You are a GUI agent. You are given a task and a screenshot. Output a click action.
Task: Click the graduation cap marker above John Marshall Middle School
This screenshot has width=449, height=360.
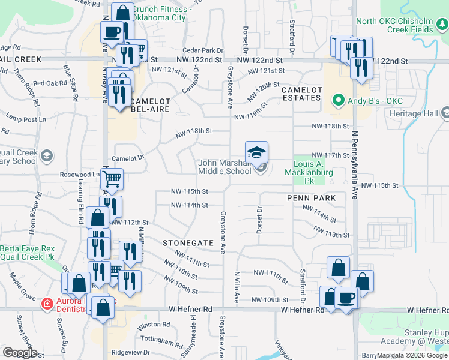click(x=256, y=152)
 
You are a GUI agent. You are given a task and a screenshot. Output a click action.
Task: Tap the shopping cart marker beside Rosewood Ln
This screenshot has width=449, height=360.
click(x=112, y=179)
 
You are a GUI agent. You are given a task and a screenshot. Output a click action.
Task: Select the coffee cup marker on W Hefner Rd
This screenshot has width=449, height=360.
click(x=346, y=297)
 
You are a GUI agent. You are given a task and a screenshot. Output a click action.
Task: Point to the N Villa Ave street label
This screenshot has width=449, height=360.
click(x=237, y=286)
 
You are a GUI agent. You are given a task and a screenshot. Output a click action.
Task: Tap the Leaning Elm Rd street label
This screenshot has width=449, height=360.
click(x=80, y=204)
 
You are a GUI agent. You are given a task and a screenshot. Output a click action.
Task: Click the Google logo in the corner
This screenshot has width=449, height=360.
click(x=20, y=353)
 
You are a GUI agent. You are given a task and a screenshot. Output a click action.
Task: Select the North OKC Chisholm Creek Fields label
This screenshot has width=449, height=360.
click(x=401, y=25)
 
